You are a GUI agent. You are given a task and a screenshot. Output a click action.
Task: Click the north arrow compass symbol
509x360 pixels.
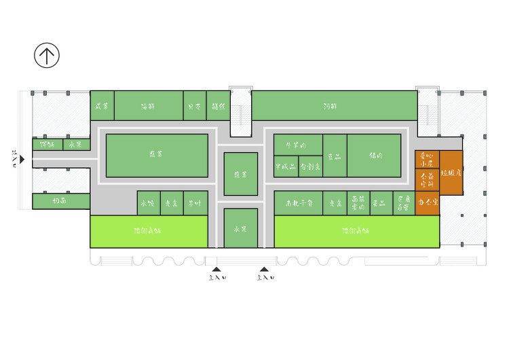(47, 56)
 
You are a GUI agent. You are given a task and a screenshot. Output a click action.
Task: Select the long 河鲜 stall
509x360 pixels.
(333, 106)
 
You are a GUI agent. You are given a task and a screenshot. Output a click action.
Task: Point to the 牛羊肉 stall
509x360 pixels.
(297, 145)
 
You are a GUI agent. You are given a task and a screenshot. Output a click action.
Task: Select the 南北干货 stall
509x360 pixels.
(298, 203)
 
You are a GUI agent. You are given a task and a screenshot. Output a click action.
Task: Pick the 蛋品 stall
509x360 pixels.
(381, 203)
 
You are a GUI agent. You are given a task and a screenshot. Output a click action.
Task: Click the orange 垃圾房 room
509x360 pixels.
(451, 174)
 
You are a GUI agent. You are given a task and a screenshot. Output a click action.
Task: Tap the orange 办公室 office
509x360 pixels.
(427, 203)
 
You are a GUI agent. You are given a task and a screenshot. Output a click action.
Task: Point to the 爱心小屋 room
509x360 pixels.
(427, 160)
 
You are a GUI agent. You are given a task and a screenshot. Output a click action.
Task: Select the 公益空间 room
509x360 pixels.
(427, 181)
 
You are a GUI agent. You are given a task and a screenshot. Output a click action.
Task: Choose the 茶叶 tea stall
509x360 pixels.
(195, 203)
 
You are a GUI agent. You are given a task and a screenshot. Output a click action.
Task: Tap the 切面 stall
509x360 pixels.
(61, 201)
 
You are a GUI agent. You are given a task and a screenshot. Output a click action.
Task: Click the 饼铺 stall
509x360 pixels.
(48, 144)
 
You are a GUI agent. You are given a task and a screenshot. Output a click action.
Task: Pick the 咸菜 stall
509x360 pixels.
(102, 106)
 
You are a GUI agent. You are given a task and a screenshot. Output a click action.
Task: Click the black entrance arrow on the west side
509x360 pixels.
(22, 160)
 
